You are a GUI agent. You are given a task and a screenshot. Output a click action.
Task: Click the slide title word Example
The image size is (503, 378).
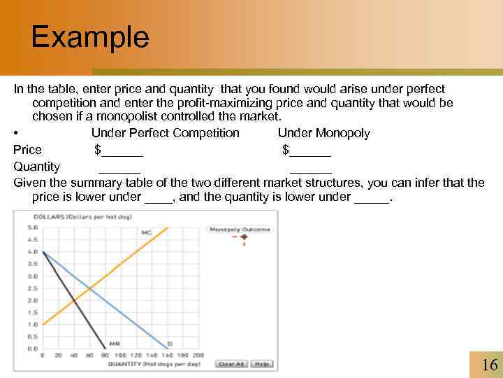pos(90,37)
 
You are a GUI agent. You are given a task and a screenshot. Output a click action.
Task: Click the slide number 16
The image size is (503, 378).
pos(489,365)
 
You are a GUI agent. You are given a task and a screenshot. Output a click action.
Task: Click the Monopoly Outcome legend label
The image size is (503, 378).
pos(240,229)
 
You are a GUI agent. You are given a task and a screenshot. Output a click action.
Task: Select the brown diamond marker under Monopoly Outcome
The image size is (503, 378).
pos(245,237)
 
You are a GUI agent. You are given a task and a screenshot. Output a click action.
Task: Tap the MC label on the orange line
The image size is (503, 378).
pos(147,232)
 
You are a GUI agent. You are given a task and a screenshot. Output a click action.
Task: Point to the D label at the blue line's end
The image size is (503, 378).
pos(170,344)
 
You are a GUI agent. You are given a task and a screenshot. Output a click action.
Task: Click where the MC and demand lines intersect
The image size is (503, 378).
pos(89,288)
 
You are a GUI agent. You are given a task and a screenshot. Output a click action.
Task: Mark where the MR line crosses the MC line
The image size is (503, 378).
pos(74,300)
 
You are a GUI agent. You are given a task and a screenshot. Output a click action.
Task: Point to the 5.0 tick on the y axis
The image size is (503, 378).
pos(32,227)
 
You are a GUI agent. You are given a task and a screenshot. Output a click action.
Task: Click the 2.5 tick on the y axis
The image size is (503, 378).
pos(32,288)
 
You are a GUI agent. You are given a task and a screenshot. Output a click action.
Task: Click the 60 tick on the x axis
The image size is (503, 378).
pos(89,355)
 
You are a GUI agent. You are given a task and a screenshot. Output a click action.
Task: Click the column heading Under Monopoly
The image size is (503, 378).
pos(323,133)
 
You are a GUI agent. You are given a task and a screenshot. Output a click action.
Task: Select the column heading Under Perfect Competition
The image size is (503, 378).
pos(165,133)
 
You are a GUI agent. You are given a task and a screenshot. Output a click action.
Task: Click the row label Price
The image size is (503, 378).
pos(28,150)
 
